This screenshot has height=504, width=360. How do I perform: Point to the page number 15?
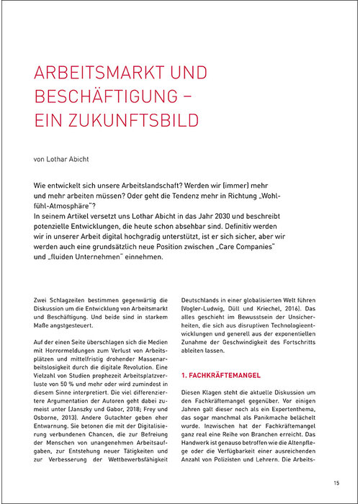coord(336,482)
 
